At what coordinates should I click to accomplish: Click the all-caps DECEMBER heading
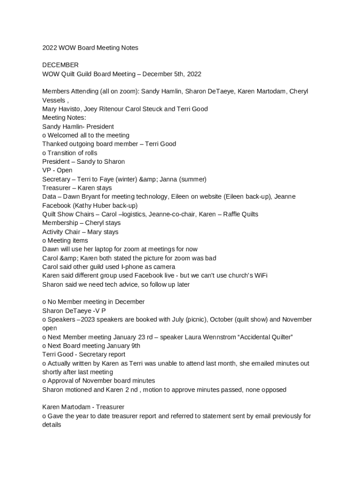click(x=60, y=65)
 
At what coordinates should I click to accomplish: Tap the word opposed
click(x=273, y=390)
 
